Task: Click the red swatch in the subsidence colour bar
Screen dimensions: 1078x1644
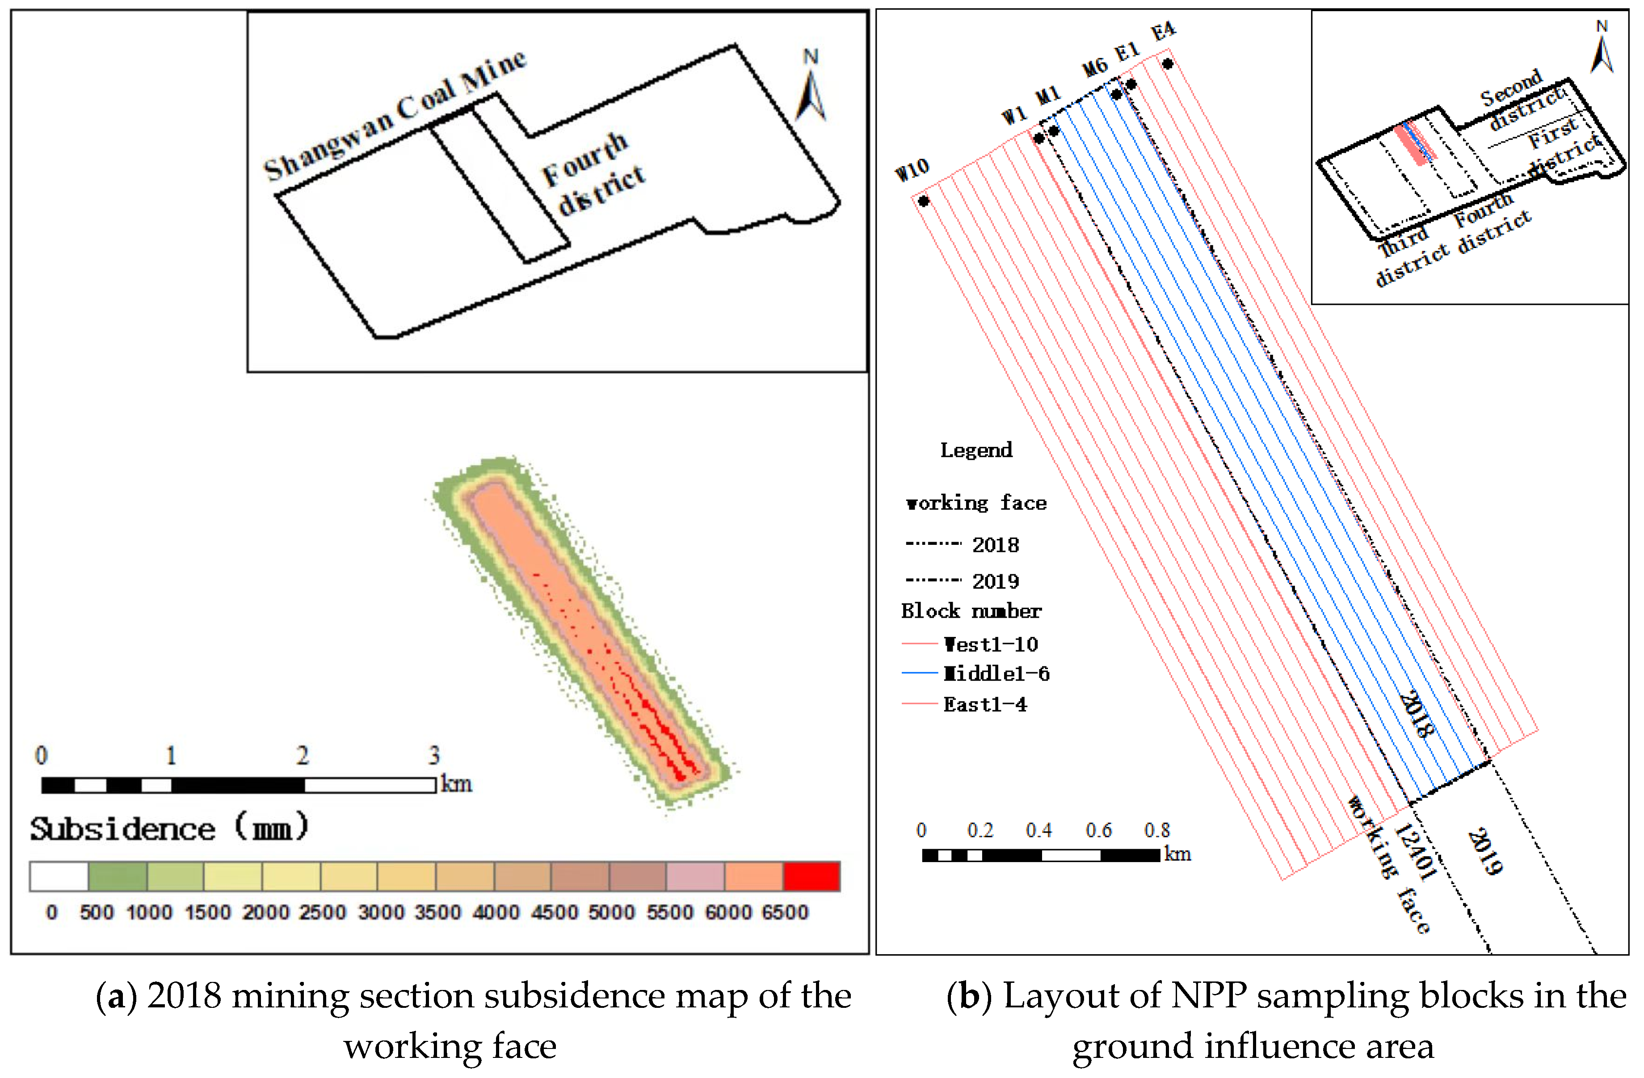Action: tap(811, 876)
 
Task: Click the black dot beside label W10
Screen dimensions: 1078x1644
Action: tap(924, 201)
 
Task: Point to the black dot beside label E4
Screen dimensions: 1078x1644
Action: tap(1167, 64)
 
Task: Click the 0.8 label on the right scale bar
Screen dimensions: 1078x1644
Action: tap(1157, 830)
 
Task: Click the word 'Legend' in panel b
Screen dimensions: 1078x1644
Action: tap(976, 450)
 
